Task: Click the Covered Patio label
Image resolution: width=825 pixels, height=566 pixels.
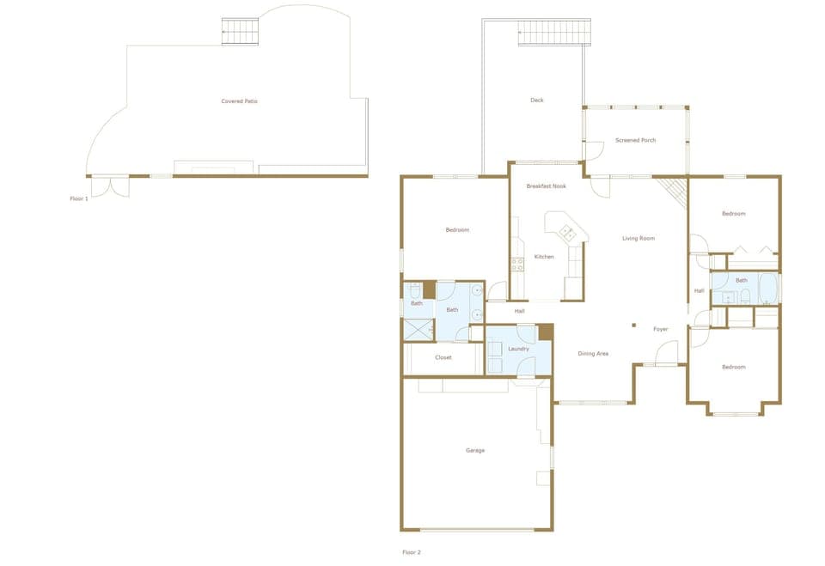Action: (240, 101)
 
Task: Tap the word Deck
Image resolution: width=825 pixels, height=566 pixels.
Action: (537, 100)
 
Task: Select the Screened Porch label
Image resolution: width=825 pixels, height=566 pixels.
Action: (636, 140)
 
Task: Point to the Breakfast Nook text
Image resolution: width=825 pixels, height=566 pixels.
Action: (546, 186)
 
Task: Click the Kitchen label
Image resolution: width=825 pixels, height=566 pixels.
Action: (544, 257)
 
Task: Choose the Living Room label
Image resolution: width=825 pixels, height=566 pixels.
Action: (639, 238)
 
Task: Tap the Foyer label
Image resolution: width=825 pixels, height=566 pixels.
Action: (660, 329)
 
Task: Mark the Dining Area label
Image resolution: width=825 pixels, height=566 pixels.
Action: (593, 354)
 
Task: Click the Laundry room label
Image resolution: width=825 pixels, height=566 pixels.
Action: (518, 349)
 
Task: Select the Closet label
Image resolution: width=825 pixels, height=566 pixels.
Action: (443, 357)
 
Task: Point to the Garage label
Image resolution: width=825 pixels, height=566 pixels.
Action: (475, 450)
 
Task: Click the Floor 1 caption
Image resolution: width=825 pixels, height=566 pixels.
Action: (79, 198)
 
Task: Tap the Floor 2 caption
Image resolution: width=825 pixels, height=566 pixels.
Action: (412, 552)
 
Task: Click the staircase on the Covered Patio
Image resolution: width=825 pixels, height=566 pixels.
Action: (240, 32)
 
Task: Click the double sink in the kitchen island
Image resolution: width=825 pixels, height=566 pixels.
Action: (567, 232)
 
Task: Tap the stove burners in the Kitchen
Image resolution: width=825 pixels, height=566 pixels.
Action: (518, 265)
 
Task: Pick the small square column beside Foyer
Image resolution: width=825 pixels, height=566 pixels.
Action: (633, 325)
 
